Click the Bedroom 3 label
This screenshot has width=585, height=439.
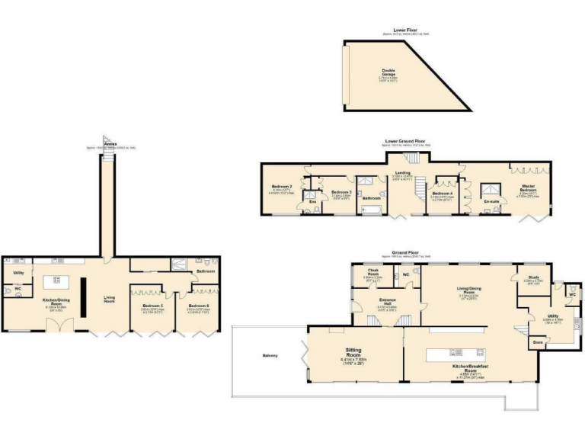click(x=340, y=192)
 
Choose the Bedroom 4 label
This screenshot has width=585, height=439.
click(x=442, y=193)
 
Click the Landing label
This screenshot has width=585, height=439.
click(x=402, y=173)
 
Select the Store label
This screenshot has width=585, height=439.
click(x=538, y=342)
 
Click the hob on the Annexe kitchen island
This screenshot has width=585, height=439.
click(x=56, y=280)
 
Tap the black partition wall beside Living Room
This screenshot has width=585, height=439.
click(x=84, y=296)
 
